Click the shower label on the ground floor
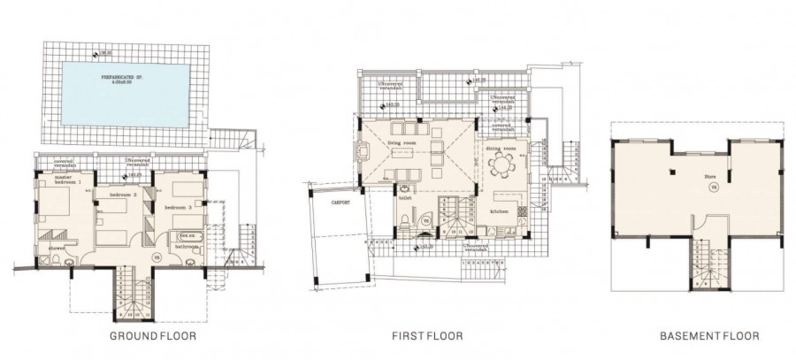pos(56,249)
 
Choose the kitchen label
pos(500,212)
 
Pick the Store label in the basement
pos(708,177)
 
